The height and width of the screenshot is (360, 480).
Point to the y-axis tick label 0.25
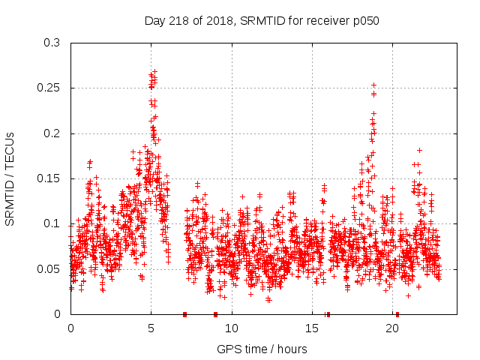52,88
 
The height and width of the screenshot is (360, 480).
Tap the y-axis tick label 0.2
55,133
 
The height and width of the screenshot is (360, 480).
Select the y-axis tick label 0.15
52,178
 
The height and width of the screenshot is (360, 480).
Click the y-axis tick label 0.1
55,223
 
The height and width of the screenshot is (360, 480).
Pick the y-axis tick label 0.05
52,268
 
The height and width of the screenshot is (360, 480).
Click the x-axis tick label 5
151,328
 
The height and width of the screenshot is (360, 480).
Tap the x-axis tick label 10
232,328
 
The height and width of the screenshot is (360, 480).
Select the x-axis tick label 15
312,328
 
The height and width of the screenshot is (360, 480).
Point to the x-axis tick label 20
392,328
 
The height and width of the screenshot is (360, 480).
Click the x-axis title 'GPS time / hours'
262,349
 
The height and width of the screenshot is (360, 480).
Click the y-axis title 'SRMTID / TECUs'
10,179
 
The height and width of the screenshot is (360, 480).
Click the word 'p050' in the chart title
366,20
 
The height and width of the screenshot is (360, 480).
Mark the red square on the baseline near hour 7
184,314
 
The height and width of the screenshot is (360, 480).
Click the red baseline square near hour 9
215,314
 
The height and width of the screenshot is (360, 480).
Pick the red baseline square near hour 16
328,314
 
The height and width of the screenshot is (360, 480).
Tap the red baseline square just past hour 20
397,314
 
